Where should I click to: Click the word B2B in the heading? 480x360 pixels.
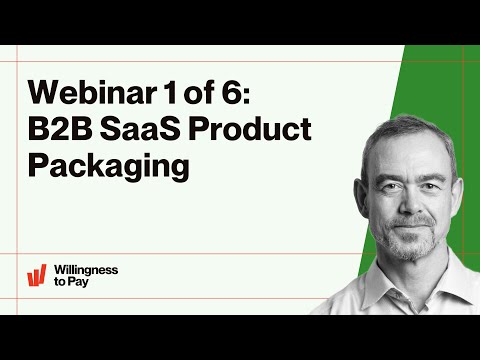pos(60,129)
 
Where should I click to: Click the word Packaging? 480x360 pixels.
pos(108,166)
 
